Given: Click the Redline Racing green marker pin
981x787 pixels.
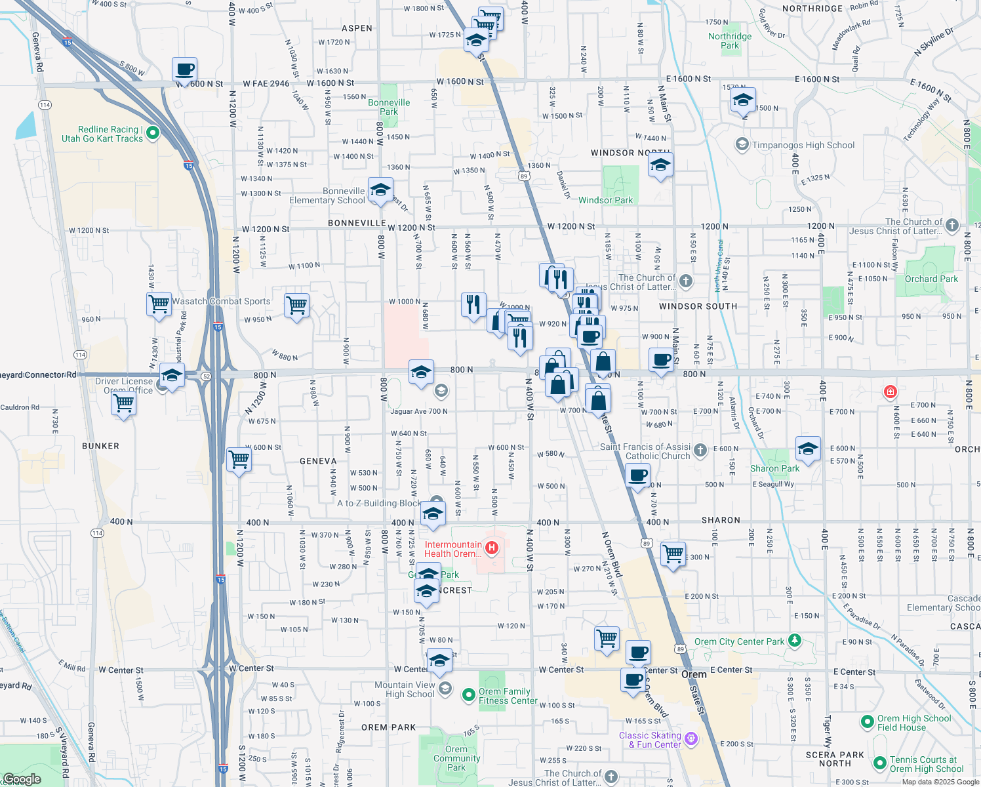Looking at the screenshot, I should click(153, 133).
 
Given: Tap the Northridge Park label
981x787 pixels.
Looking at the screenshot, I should click(730, 41).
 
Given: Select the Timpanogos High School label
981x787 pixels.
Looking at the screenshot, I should click(803, 145).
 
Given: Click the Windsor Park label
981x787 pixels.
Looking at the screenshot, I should click(605, 200).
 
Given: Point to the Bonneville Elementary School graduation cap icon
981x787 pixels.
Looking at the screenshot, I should click(380, 191).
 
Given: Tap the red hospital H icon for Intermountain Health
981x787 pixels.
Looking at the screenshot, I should click(491, 546).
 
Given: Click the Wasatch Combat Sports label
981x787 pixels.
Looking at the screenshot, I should click(221, 301).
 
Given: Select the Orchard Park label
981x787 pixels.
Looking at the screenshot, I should click(931, 279).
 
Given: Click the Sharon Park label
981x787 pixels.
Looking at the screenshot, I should click(774, 468).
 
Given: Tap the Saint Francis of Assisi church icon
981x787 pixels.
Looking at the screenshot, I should click(700, 450).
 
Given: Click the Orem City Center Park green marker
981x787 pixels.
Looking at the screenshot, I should click(795, 639).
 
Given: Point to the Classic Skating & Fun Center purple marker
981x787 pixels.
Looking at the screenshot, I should click(691, 740).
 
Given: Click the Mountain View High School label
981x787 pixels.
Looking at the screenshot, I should click(405, 689).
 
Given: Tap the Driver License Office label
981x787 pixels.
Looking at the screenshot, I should click(124, 386).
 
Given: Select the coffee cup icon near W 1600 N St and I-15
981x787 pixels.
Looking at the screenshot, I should click(185, 69).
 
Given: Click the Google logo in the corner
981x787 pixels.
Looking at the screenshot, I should click(22, 779).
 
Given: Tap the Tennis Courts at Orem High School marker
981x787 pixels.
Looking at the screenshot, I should click(880, 763).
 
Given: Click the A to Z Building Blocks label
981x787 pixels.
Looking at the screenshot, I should click(379, 503).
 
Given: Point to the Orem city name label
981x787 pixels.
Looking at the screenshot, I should click(693, 674).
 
